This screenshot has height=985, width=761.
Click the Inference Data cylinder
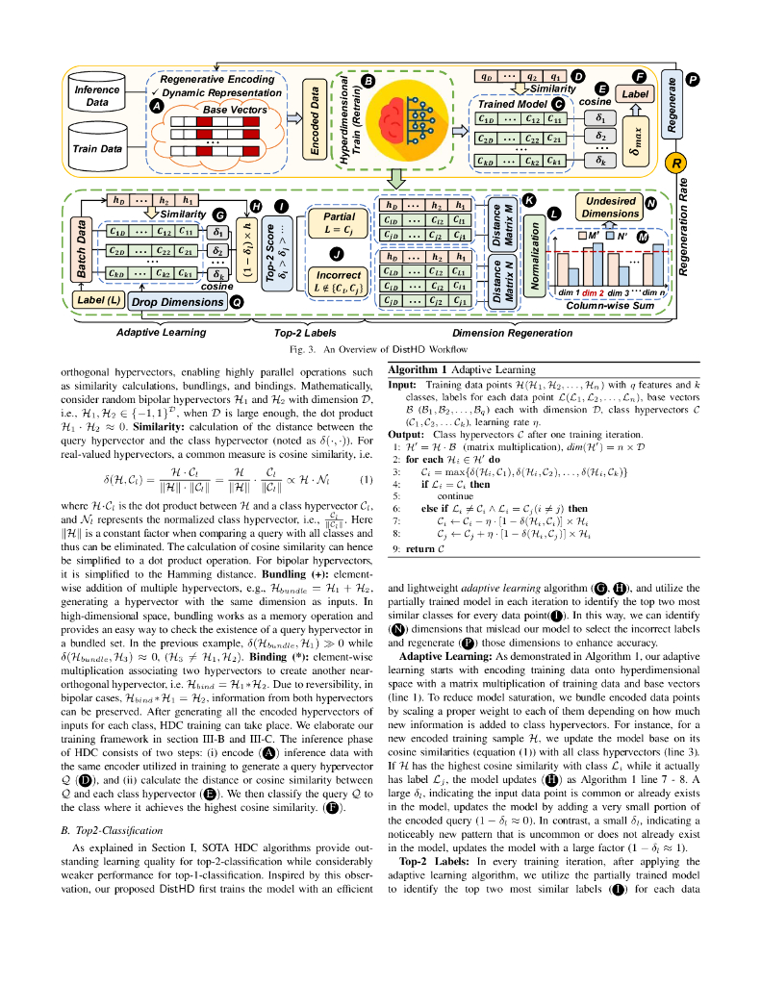[x=97, y=95]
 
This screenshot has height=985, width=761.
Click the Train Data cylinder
[x=97, y=148]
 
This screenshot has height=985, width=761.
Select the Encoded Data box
[x=313, y=117]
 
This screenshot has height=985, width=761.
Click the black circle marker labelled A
[x=158, y=108]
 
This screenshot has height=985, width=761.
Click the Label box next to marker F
[x=635, y=94]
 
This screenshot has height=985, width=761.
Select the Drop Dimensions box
[x=176, y=302]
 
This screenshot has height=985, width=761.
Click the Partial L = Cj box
[x=339, y=224]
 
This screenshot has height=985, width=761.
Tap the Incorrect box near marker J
[x=339, y=280]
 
